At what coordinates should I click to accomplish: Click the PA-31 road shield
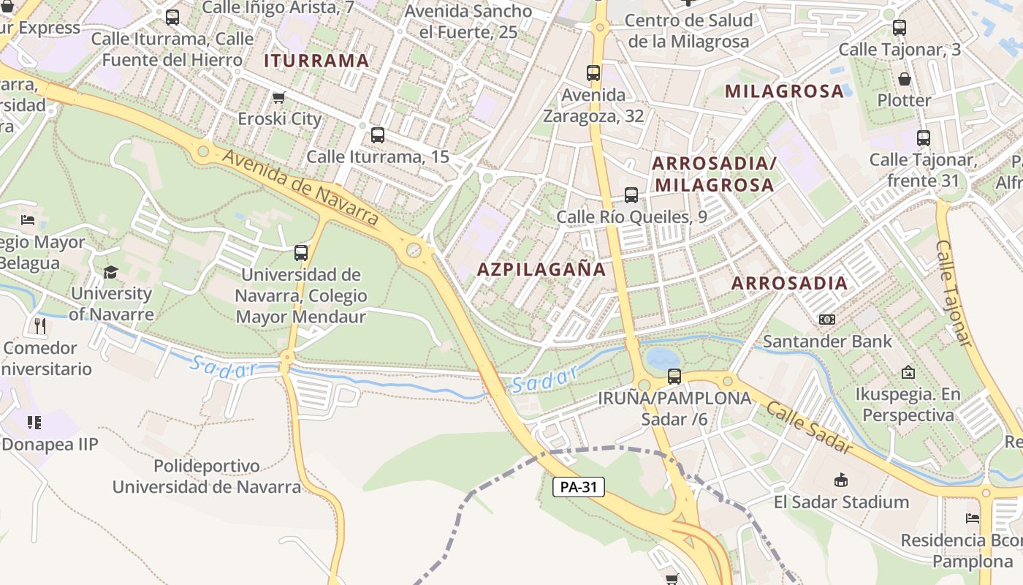[x=579, y=487]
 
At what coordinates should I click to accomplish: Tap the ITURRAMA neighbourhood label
[x=316, y=61]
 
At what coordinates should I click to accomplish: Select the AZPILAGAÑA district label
[x=541, y=269]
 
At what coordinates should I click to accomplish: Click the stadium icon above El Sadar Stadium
[x=841, y=480]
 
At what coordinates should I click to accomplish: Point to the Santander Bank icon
[x=827, y=320]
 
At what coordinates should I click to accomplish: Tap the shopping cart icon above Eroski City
[x=278, y=97]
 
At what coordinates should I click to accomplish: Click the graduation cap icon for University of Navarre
[x=110, y=272]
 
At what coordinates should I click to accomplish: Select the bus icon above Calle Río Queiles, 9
[x=631, y=195]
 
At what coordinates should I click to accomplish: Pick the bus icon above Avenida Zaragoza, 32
[x=593, y=73]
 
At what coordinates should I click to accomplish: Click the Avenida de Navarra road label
[x=300, y=187]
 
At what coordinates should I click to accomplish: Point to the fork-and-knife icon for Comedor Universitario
[x=39, y=325]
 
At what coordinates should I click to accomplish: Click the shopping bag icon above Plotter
[x=905, y=79]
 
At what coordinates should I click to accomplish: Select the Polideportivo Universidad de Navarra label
[x=206, y=476]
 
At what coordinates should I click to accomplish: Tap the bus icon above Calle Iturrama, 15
[x=378, y=135]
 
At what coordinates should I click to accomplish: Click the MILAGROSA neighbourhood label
[x=785, y=91]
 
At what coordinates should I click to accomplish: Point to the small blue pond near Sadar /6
[x=663, y=358]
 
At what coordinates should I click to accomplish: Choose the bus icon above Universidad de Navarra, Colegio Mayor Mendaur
[x=301, y=253]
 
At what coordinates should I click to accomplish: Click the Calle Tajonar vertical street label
[x=954, y=292]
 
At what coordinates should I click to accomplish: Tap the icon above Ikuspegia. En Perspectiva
[x=908, y=372]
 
